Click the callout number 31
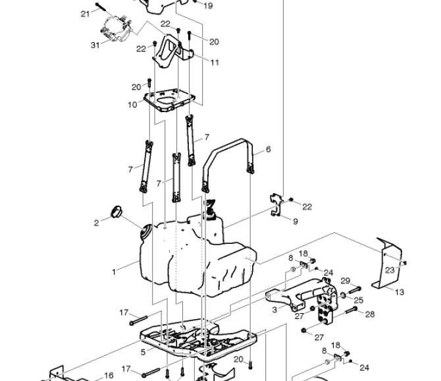95,45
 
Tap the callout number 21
85,14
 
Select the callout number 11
215,62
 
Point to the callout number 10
132,105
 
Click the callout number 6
268,149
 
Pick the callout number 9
296,221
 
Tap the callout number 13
400,292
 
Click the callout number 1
114,272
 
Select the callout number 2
97,223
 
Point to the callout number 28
370,314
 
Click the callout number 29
346,281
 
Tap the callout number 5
143,352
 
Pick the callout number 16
109,375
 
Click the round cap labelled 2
116,212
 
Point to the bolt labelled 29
355,289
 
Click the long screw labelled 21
103,7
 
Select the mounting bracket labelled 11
172,51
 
